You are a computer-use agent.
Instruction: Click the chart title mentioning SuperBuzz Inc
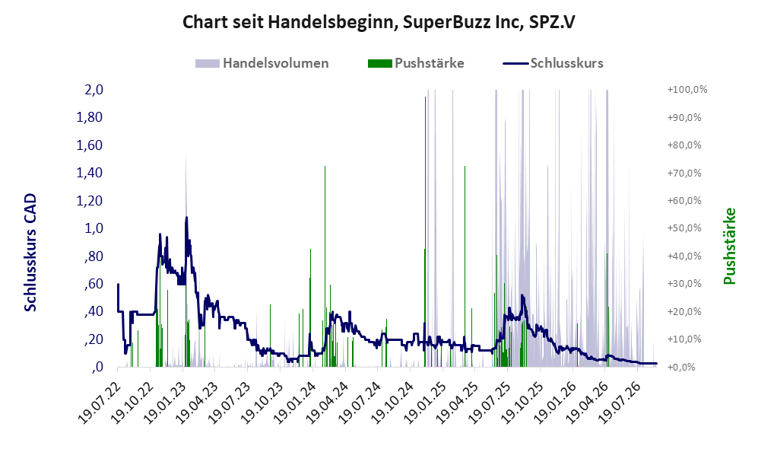[x=379, y=22]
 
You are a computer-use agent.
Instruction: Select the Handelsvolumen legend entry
[x=262, y=63]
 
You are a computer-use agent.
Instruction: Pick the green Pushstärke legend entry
[x=416, y=63]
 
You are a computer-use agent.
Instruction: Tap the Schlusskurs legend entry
[x=553, y=63]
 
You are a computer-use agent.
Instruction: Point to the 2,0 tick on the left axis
[x=94, y=90]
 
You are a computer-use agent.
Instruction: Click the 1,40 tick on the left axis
[x=90, y=173]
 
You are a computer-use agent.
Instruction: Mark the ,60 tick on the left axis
[x=94, y=284]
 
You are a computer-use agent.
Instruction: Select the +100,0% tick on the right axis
[x=687, y=90]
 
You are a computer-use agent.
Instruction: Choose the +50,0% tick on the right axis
[x=684, y=228]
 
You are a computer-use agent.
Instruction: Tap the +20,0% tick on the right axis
[x=684, y=311]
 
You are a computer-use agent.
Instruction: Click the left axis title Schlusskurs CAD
[x=30, y=252]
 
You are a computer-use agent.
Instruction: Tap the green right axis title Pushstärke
[x=729, y=246]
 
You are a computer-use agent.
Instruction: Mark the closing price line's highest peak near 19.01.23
[x=186, y=218]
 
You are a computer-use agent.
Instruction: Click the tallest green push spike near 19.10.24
[x=426, y=97]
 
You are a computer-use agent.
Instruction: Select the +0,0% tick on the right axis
[x=681, y=367]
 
